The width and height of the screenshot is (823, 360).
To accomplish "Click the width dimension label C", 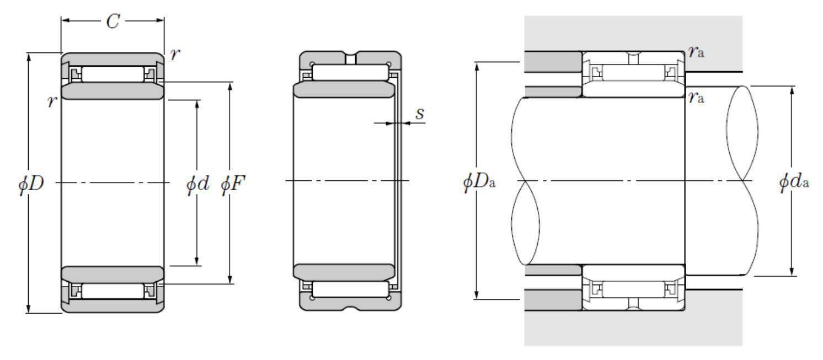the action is click(x=113, y=22).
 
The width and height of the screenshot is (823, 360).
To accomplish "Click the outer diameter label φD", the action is click(x=31, y=183).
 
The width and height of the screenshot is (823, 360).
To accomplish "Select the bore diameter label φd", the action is click(x=197, y=183).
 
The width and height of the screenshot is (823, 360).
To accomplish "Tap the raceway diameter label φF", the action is click(x=233, y=183).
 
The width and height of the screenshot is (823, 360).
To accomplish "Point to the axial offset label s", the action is click(x=420, y=113).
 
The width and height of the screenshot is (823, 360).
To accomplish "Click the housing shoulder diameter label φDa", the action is click(x=479, y=182).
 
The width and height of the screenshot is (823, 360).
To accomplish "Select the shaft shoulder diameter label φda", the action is click(x=794, y=182).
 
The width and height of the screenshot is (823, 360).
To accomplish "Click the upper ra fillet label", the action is click(x=697, y=52).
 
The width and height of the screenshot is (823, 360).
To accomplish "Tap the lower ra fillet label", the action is click(x=697, y=98).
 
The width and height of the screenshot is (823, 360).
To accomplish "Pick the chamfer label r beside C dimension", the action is click(x=175, y=55).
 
